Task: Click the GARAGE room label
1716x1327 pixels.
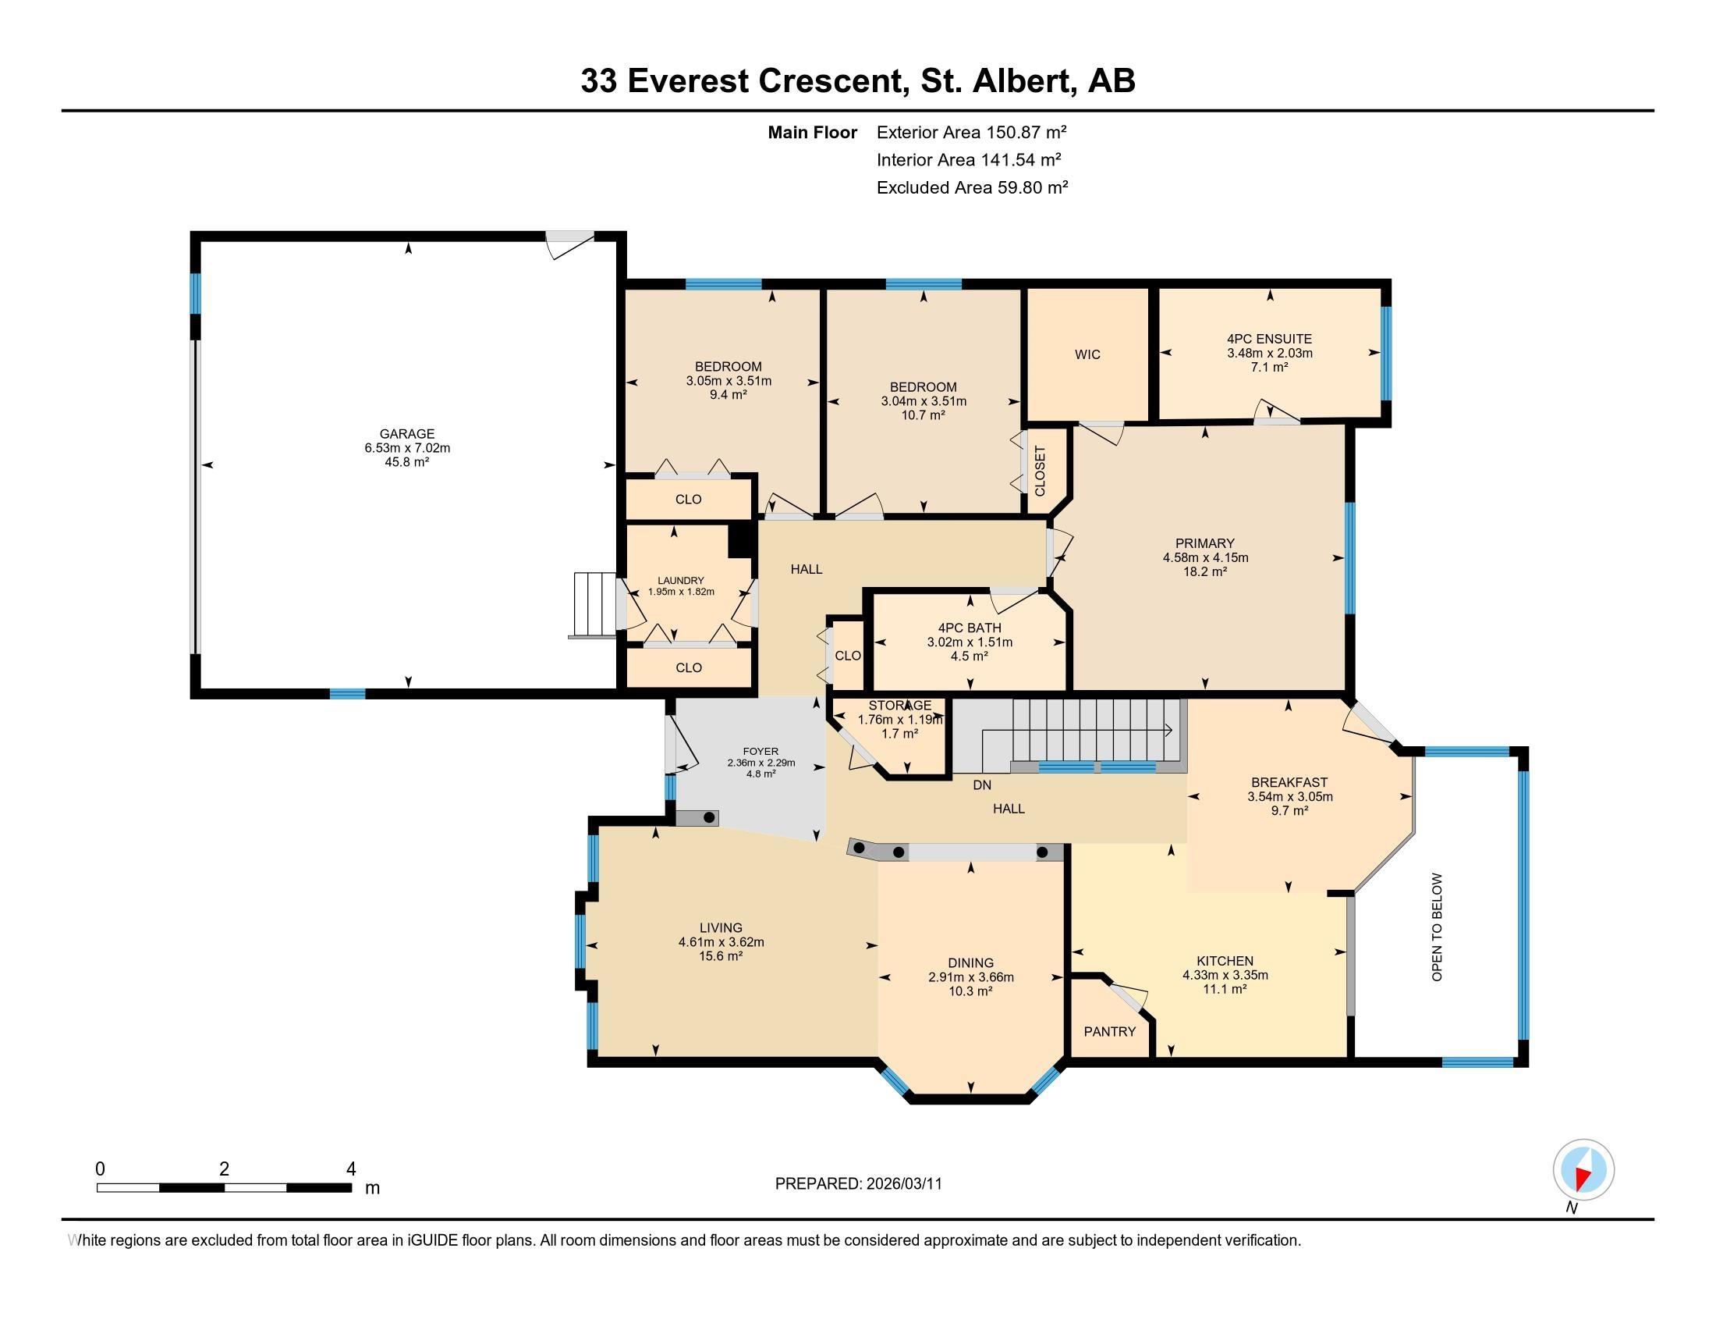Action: pyautogui.click(x=406, y=433)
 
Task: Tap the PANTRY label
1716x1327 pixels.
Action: pyautogui.click(x=1109, y=1031)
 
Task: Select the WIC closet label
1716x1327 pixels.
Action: pyautogui.click(x=1087, y=354)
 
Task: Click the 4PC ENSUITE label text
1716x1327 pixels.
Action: pyautogui.click(x=1269, y=339)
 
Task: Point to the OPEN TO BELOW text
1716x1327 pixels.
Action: pyautogui.click(x=1437, y=927)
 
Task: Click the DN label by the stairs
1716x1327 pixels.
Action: pyautogui.click(x=981, y=784)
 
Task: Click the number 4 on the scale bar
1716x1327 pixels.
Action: pyautogui.click(x=350, y=1169)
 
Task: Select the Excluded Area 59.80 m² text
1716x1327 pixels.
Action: pyautogui.click(x=972, y=187)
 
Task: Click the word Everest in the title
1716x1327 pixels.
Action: pyautogui.click(x=687, y=81)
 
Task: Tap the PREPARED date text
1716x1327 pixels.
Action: pyautogui.click(x=858, y=1184)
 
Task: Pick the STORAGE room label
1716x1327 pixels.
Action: pyautogui.click(x=899, y=705)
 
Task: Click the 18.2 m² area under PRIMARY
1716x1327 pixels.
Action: pyautogui.click(x=1204, y=571)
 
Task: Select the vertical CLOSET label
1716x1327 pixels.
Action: pyautogui.click(x=1040, y=471)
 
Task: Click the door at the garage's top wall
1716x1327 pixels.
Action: pyautogui.click(x=570, y=243)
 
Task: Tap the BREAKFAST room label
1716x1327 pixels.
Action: pyautogui.click(x=1289, y=782)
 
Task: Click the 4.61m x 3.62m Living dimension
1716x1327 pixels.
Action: pyautogui.click(x=721, y=942)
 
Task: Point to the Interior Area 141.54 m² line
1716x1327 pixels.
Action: pyautogui.click(x=968, y=159)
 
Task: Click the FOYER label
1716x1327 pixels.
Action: pyautogui.click(x=760, y=751)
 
